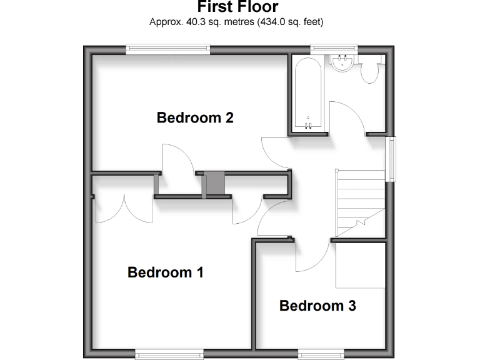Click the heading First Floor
click(x=237, y=7)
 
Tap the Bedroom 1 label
click(x=165, y=272)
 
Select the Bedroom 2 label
click(x=195, y=117)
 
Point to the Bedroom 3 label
click(x=317, y=306)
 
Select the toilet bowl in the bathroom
click(x=370, y=71)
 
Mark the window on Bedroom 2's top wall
click(x=167, y=47)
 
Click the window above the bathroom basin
click(x=334, y=47)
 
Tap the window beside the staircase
click(x=392, y=159)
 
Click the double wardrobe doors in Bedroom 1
click(x=123, y=209)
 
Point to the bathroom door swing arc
click(x=347, y=116)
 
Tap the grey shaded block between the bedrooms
click(x=214, y=184)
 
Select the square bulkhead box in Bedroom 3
click(x=359, y=265)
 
